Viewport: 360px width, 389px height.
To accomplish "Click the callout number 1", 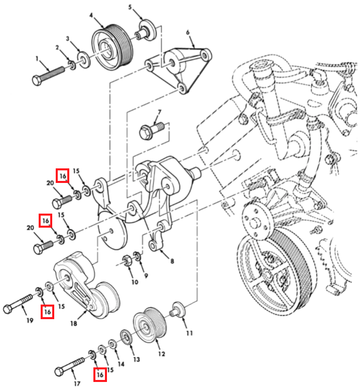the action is (37, 59).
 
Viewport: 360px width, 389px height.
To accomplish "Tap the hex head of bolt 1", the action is (37, 80).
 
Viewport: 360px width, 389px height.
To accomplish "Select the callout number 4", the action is (91, 16).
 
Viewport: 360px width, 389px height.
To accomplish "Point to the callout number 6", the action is (130, 7).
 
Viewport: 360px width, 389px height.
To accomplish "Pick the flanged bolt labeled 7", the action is (188, 32).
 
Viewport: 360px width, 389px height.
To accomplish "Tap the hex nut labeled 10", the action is (172, 261).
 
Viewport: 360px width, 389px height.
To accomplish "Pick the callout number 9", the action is (146, 275).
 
